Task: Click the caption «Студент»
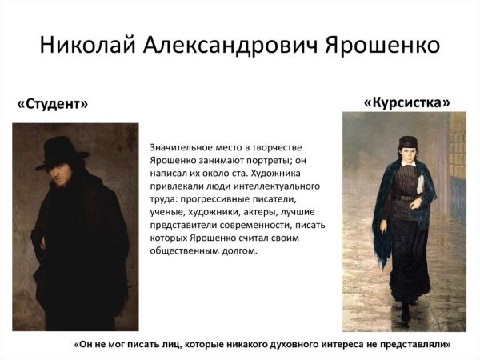[x=53, y=104]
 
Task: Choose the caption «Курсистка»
[x=406, y=102]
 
